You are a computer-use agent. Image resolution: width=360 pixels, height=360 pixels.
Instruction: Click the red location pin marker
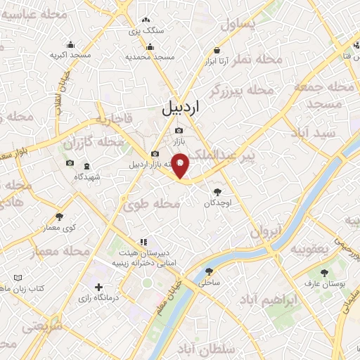[x=181, y=165]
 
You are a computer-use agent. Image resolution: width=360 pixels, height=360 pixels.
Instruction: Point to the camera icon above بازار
[x=179, y=130]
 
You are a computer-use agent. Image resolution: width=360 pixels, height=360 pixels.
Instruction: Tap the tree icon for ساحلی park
[x=208, y=272]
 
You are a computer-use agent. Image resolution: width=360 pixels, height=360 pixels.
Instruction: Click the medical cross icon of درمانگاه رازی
[x=99, y=287]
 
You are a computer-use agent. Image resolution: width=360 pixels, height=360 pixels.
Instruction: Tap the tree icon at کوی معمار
[x=59, y=217]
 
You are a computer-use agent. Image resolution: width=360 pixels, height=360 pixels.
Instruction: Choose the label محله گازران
[x=94, y=143]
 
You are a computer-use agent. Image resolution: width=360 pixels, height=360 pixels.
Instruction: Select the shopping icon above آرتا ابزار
[x=217, y=51]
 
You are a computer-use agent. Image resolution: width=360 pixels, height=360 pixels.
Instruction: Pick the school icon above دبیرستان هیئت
[x=143, y=243]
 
